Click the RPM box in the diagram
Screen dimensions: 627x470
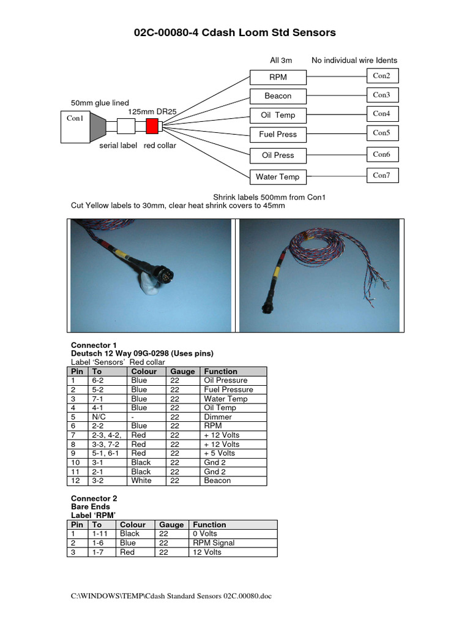pos(278,77)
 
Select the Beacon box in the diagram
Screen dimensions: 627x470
pos(278,96)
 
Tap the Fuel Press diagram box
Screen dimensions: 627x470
pos(278,134)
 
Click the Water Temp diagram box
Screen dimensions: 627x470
pos(278,177)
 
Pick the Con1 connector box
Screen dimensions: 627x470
pos(75,127)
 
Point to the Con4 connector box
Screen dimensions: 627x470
pos(382,114)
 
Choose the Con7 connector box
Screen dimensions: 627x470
pos(382,176)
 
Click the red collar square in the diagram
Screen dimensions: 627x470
pos(152,126)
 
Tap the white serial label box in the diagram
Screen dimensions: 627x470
pos(125,126)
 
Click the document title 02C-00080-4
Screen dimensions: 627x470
pos(234,33)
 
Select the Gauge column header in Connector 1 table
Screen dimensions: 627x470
pos(182,372)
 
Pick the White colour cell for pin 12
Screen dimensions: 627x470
pos(140,481)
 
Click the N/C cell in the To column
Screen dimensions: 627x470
pos(99,417)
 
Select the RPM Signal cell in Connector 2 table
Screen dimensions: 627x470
pos(214,543)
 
